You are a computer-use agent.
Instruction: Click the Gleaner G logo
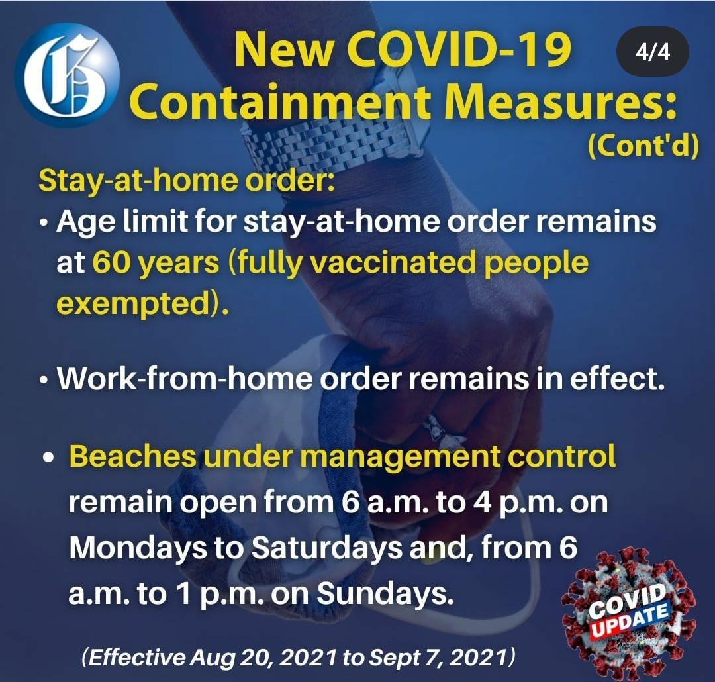coord(67,74)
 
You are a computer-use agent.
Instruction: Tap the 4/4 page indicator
coord(653,52)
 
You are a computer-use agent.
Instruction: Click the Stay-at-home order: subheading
coord(187,181)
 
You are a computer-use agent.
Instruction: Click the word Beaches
coord(132,456)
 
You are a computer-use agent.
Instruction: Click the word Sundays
coord(385,593)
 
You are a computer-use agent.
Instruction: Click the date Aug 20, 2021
coord(263,658)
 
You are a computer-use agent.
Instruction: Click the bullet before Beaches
coord(49,457)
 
